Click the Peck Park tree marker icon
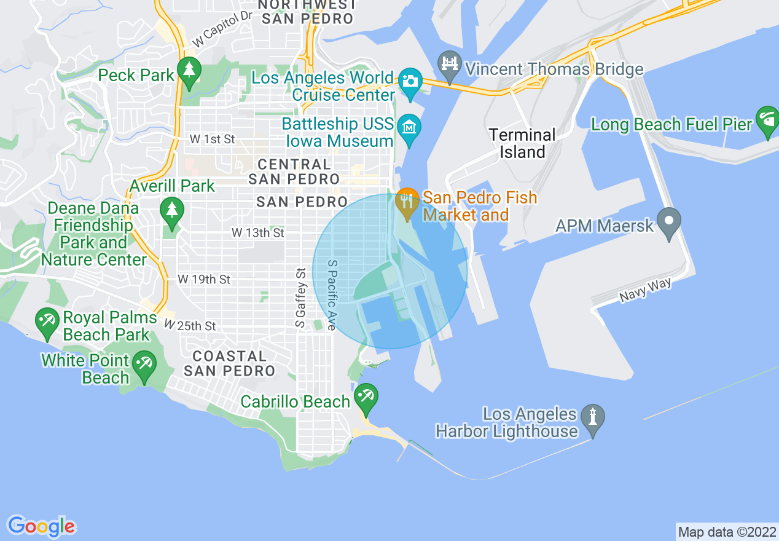tap(189, 71)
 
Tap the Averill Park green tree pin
tap(172, 210)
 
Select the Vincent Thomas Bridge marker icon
tap(450, 65)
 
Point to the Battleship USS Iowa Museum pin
tap(409, 127)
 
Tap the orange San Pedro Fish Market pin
tap(407, 202)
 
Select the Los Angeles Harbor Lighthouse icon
tap(593, 417)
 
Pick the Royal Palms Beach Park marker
tap(47, 321)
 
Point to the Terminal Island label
tap(522, 143)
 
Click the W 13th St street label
tap(258, 233)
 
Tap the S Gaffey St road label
tap(300, 298)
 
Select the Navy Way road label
tap(645, 290)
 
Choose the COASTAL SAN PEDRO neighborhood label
tap(229, 363)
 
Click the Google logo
tap(42, 526)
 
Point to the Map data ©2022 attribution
tap(726, 532)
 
